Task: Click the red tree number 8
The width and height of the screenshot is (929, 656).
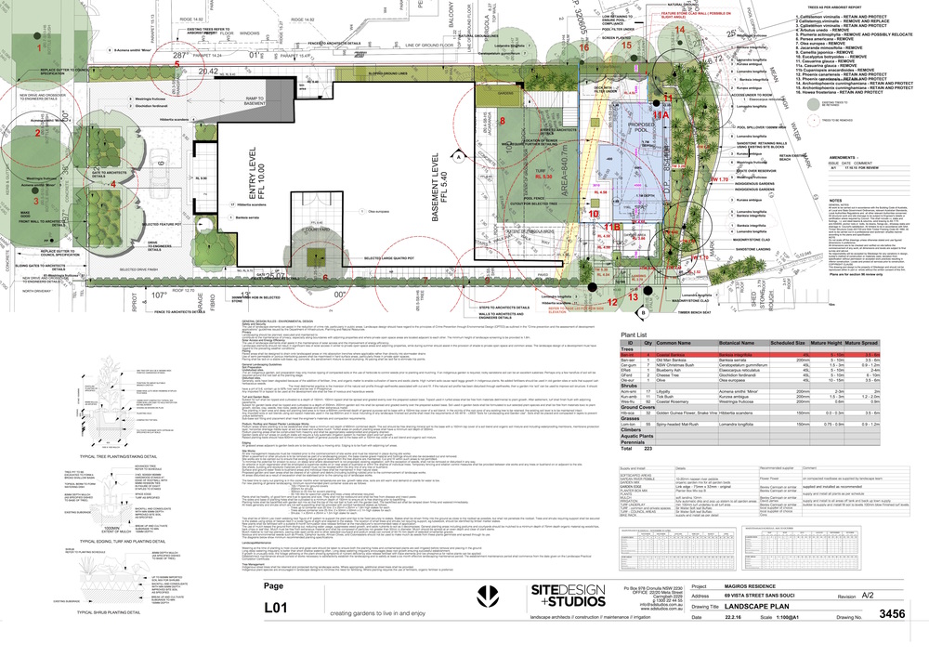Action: (503, 121)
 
